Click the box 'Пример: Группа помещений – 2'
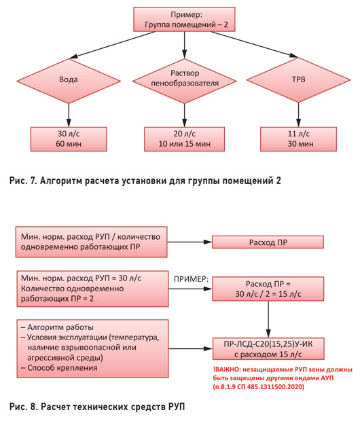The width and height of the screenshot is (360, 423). (184, 20)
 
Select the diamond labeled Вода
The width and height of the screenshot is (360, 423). (69, 81)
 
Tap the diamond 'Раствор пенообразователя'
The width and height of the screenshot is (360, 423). (185, 81)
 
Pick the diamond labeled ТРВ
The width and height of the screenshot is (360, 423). (298, 80)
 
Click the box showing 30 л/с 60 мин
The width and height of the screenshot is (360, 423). (69, 139)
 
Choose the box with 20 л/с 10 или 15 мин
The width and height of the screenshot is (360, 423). (184, 139)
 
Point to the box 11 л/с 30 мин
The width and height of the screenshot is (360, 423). (298, 139)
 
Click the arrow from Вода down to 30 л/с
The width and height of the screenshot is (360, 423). (69, 115)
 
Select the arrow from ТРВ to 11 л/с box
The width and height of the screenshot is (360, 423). (298, 115)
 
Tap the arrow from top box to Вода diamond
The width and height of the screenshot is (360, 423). (113, 45)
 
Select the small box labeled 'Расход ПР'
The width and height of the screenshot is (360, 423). (268, 242)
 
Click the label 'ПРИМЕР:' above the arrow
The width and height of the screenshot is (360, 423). (191, 279)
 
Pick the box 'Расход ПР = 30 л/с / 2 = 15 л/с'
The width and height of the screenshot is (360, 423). (268, 289)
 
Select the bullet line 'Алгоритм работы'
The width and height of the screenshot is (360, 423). (57, 327)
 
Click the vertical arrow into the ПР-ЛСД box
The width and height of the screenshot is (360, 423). (268, 319)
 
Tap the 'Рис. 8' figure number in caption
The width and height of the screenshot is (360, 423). (23, 407)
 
